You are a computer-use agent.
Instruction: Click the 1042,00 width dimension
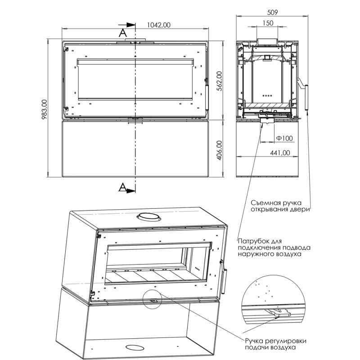click(159, 25)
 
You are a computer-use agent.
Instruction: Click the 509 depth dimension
click(273, 13)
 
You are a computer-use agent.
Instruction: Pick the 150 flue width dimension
click(268, 23)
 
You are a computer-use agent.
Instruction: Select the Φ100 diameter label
click(284, 138)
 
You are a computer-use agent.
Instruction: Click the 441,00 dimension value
click(280, 153)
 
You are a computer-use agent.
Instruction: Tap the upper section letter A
click(122, 33)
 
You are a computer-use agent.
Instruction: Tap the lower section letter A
click(122, 188)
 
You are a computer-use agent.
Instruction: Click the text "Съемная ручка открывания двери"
click(280, 206)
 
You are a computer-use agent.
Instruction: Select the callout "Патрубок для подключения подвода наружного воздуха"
click(274, 248)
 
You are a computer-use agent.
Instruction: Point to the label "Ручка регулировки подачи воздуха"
click(275, 344)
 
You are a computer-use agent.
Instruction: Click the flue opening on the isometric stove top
click(147, 216)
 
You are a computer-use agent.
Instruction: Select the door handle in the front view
click(207, 97)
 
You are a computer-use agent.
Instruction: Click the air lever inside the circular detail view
click(278, 312)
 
